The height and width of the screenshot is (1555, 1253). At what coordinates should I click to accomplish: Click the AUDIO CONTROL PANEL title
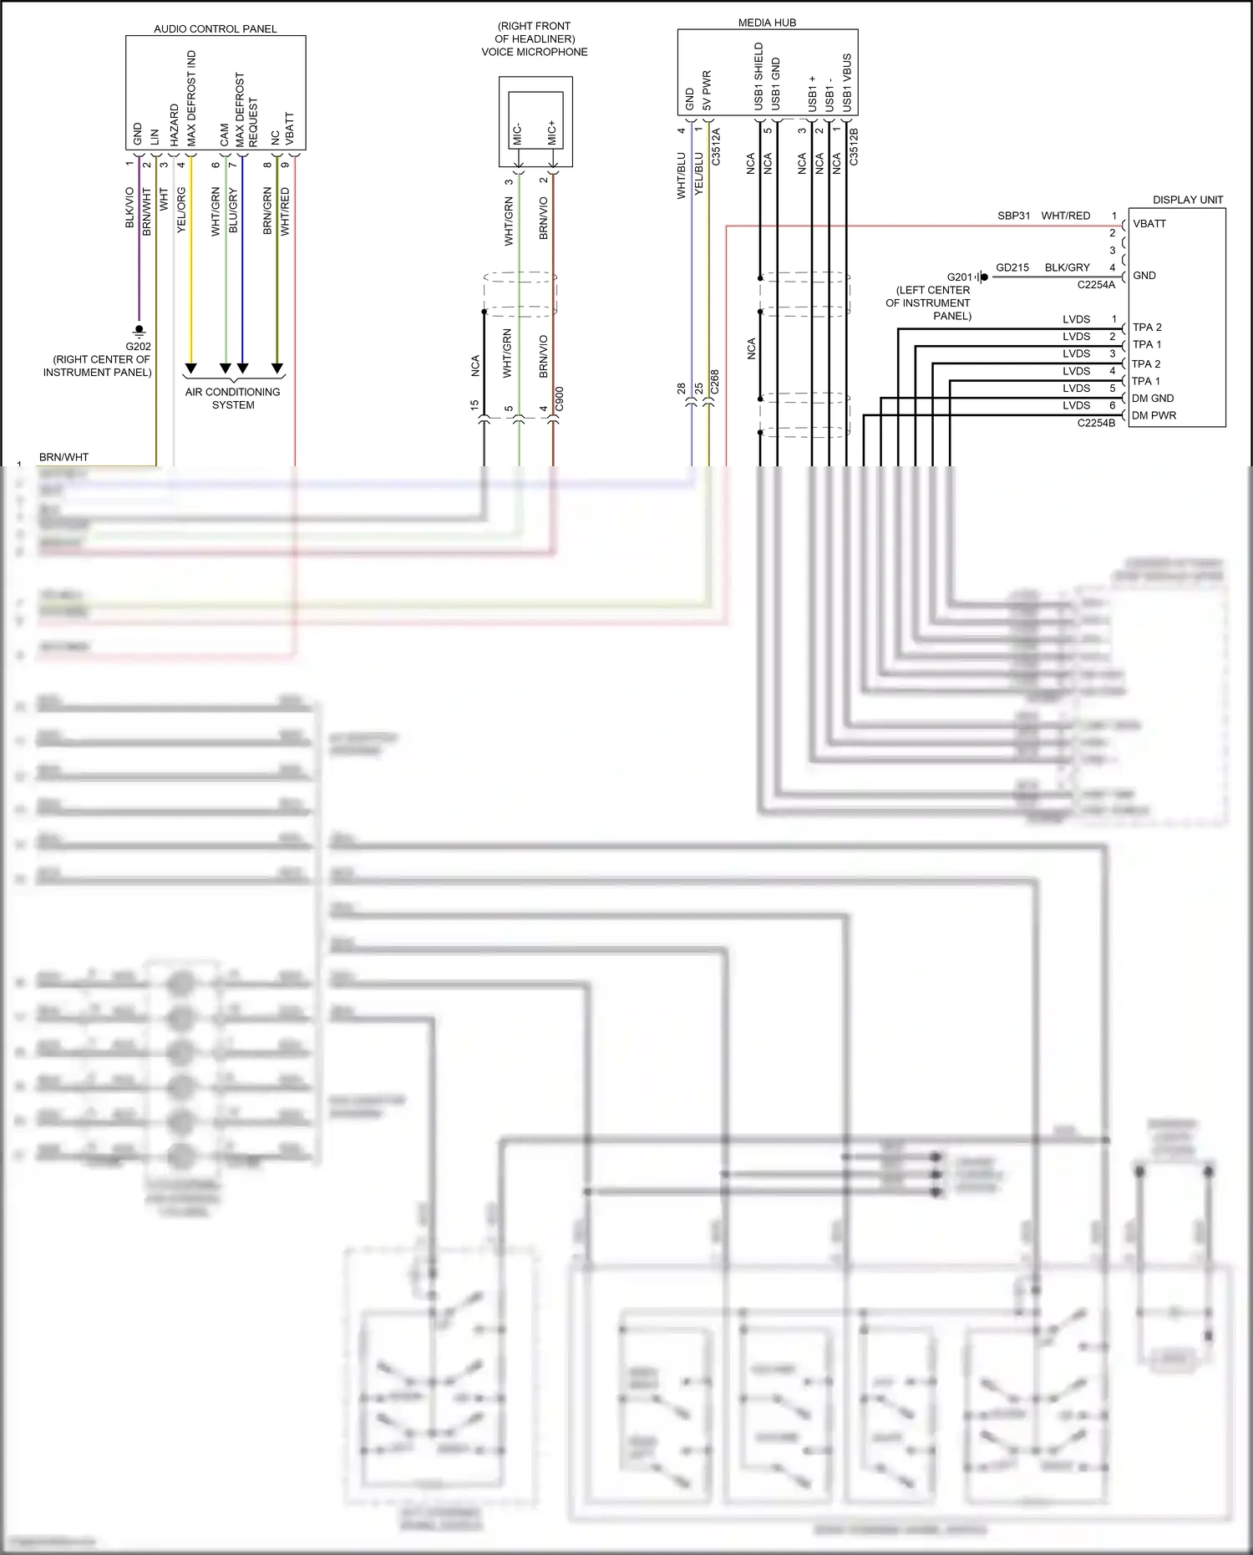(x=215, y=28)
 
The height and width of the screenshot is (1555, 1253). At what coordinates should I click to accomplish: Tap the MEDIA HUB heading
(x=767, y=23)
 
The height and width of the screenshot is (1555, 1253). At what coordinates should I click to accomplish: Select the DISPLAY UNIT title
(x=1187, y=200)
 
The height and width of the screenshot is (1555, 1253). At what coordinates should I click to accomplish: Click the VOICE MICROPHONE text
(x=534, y=52)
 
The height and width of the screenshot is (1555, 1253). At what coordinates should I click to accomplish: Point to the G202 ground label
(x=138, y=346)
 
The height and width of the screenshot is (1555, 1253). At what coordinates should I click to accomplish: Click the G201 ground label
(x=959, y=277)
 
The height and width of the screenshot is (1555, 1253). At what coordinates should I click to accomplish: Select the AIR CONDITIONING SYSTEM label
(x=232, y=398)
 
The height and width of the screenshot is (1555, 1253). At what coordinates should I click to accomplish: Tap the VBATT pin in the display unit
(x=1149, y=224)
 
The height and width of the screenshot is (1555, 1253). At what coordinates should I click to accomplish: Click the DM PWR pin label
(x=1154, y=415)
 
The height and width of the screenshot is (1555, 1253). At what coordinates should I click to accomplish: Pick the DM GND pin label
(x=1153, y=399)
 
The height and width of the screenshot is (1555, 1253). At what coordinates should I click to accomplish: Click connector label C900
(x=560, y=398)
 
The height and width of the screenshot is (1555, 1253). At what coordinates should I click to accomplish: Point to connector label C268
(x=715, y=382)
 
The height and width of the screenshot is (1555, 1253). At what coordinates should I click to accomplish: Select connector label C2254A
(x=1096, y=285)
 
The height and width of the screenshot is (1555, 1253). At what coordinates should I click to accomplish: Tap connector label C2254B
(x=1096, y=423)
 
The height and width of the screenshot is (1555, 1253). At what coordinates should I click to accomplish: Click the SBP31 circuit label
(x=1013, y=216)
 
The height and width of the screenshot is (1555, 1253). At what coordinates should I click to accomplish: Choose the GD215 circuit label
(x=1012, y=267)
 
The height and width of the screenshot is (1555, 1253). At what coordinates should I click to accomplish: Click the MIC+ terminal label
(x=552, y=132)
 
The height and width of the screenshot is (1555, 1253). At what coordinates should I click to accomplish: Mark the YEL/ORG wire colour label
(x=181, y=210)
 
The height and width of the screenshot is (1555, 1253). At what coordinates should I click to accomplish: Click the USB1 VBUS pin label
(x=847, y=83)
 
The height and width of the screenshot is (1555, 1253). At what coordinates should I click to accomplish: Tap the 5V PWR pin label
(x=707, y=90)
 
